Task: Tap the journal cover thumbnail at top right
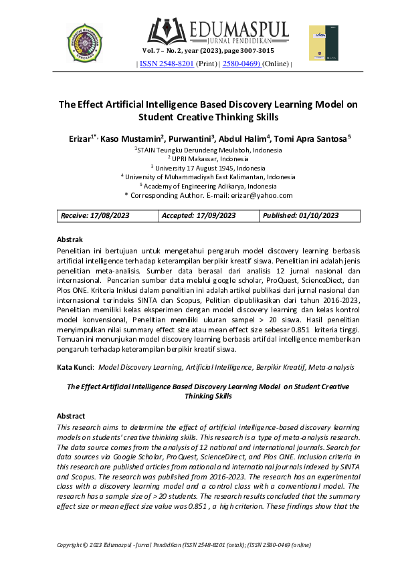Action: coord(319,43)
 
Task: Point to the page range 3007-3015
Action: coord(259,51)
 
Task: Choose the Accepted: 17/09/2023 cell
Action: coord(199,215)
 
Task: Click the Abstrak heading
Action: coord(70,239)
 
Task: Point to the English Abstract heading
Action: coord(72,415)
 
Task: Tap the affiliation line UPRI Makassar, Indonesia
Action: coord(207,160)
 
